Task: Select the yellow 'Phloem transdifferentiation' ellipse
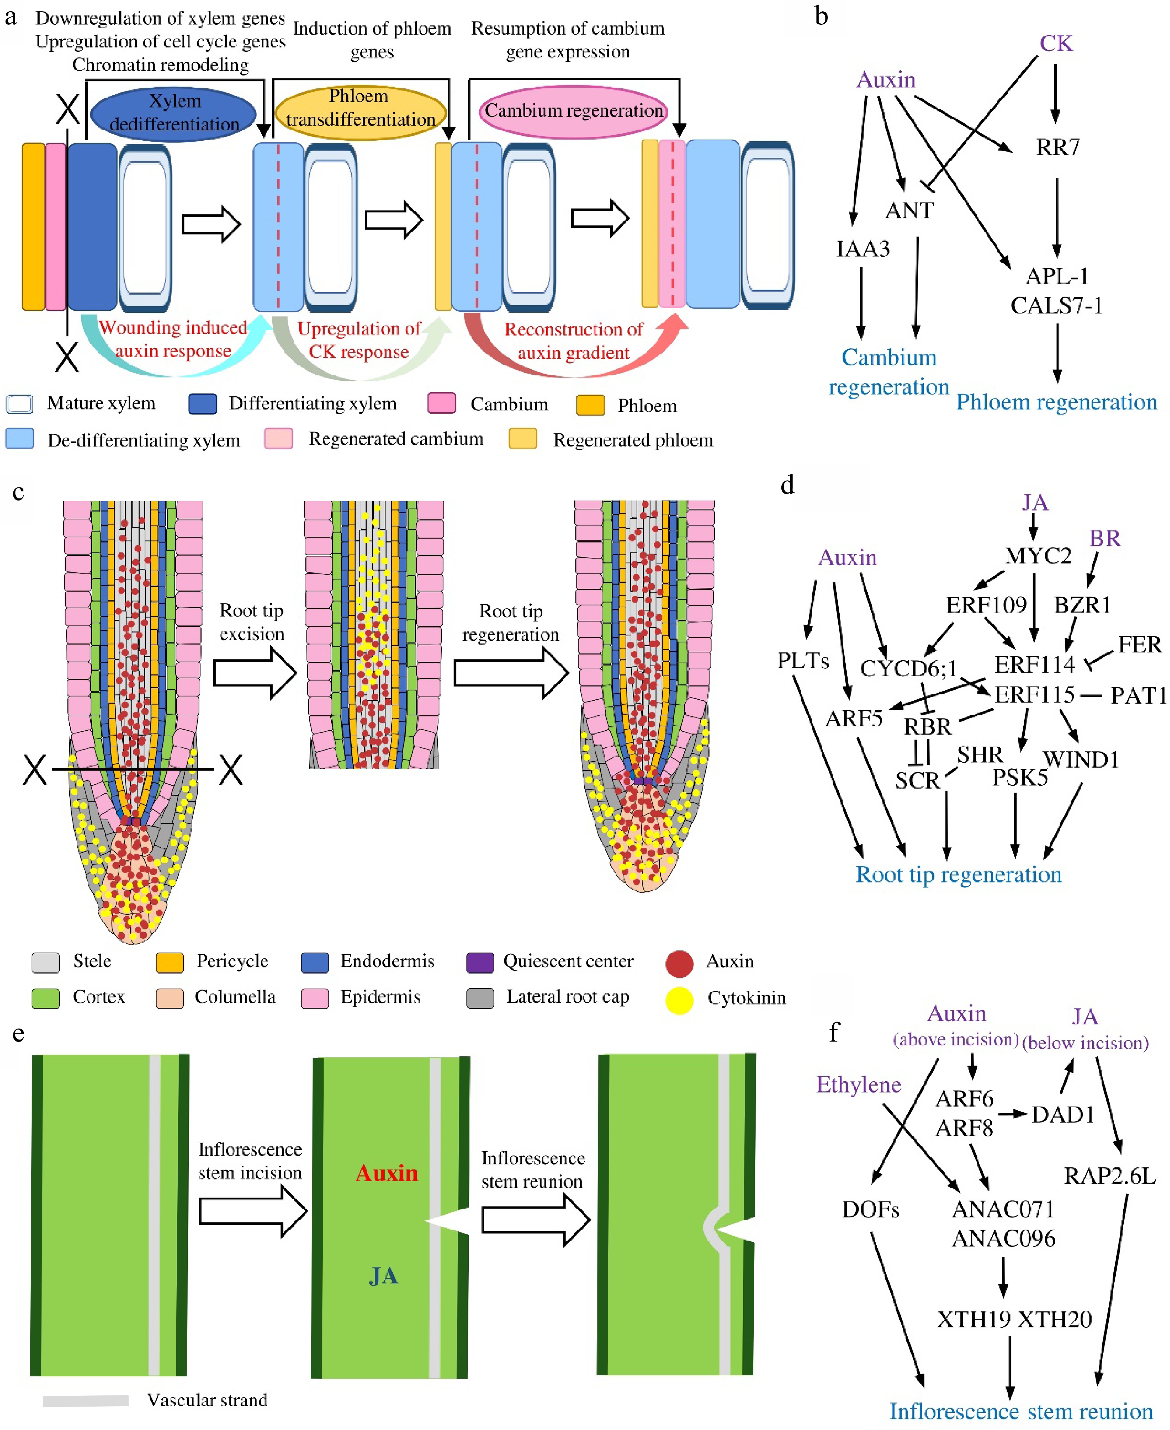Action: click(360, 108)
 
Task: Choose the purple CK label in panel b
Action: click(1055, 43)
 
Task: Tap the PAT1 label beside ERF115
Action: click(1138, 695)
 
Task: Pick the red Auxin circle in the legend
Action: click(679, 964)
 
